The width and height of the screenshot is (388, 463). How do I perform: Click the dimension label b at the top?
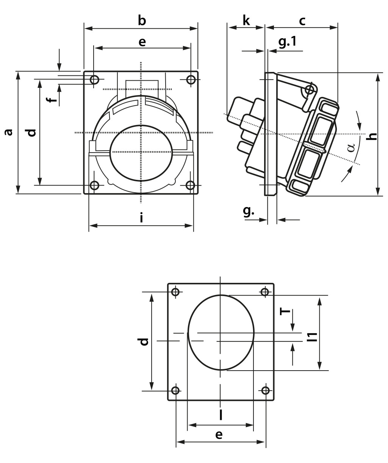click(142, 20)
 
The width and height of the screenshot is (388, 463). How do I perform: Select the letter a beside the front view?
click(8, 132)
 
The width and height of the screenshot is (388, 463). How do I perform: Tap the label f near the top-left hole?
click(53, 100)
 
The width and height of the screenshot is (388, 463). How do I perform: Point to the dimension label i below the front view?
click(141, 218)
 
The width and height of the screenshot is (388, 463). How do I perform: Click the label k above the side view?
click(246, 20)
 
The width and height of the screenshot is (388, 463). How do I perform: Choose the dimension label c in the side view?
click(302, 21)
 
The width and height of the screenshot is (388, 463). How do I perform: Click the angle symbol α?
click(352, 147)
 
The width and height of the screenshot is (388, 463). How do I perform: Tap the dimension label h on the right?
click(373, 136)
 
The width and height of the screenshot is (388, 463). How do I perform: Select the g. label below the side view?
click(249, 211)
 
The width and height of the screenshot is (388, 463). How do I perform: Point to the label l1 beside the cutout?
click(312, 337)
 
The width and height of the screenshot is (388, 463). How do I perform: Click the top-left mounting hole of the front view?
click(94, 80)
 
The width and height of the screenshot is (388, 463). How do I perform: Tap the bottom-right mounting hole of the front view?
click(191, 185)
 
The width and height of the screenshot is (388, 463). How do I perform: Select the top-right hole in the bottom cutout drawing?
click(265, 292)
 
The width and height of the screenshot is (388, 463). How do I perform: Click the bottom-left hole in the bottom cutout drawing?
click(175, 390)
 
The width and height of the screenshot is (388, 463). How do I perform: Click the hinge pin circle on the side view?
click(309, 90)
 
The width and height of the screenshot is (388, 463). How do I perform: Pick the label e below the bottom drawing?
click(219, 435)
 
